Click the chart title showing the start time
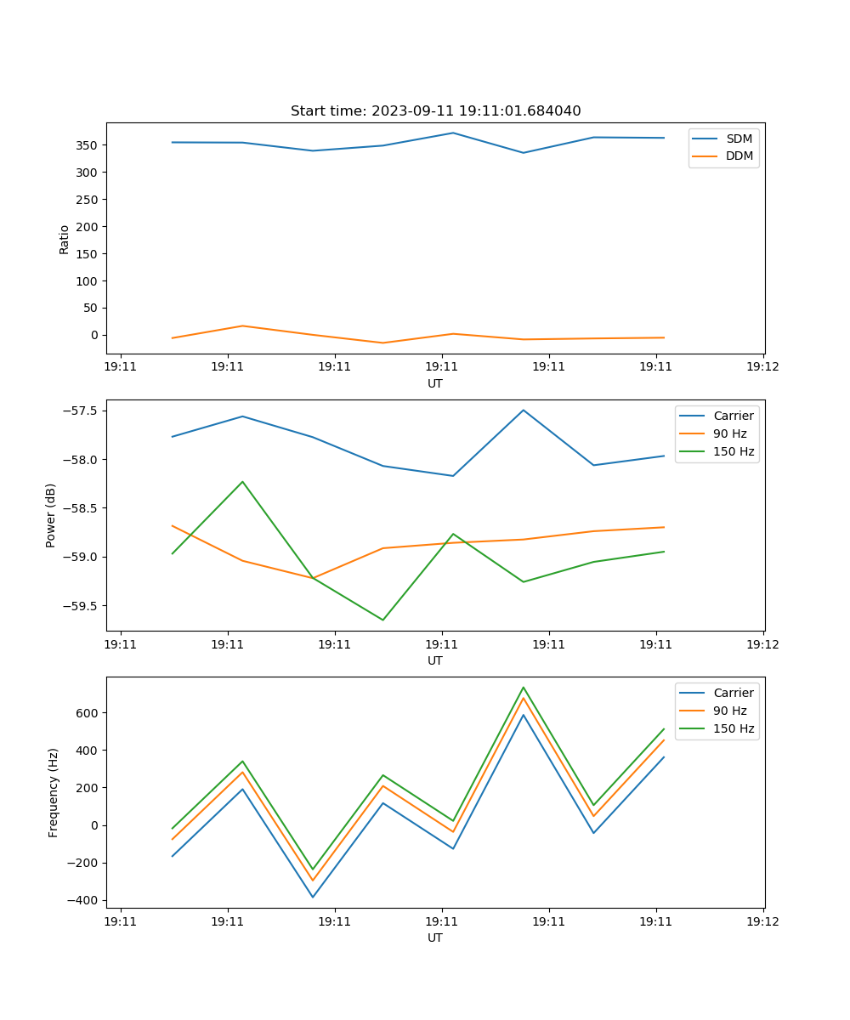(435, 111)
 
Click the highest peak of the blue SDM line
(453, 133)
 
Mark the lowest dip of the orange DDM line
(382, 343)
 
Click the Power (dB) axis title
(51, 515)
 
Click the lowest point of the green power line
(382, 620)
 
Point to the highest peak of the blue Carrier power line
(524, 410)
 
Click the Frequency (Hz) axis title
(54, 792)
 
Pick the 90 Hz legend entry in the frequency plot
(729, 711)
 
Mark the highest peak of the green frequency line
(524, 687)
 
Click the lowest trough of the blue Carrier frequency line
(313, 897)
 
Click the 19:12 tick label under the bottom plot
(762, 921)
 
